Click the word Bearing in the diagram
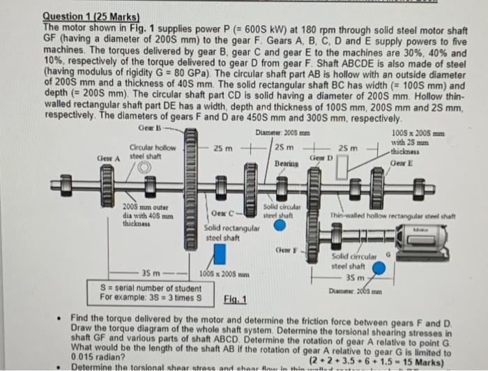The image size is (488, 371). tap(287, 162)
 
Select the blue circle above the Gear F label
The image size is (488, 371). tap(279, 225)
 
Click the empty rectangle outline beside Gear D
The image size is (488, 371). tap(341, 167)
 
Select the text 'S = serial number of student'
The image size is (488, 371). tap(151, 288)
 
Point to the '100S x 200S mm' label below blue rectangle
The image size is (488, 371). tap(226, 274)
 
